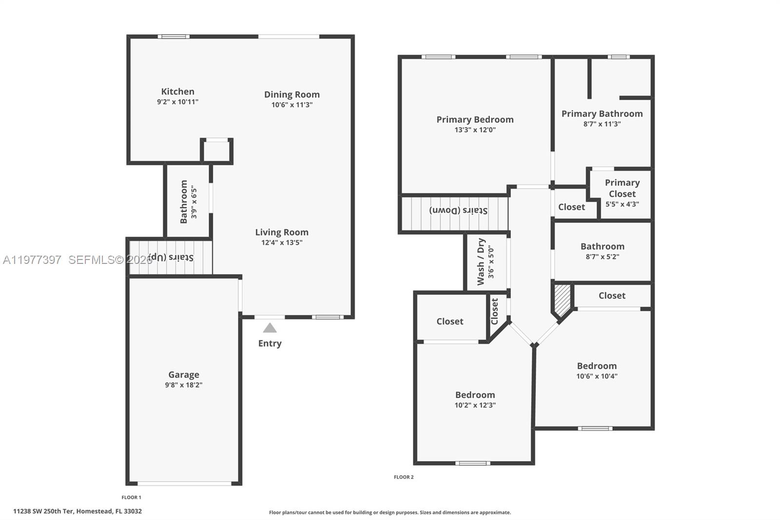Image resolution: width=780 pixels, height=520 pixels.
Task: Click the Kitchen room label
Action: point(177,92)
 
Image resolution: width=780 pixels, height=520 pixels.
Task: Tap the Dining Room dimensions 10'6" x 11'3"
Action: point(292,105)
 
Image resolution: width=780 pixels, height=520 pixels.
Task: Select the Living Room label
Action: point(282,232)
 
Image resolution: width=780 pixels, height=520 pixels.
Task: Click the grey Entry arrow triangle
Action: point(270,328)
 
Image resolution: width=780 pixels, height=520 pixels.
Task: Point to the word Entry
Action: point(270,343)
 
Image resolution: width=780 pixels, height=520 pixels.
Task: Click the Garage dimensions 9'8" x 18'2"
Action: point(183,385)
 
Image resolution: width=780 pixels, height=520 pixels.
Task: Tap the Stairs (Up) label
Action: point(171,257)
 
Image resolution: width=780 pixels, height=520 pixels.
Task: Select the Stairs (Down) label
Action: point(458,210)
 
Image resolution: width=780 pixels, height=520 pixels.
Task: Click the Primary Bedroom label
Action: point(475,120)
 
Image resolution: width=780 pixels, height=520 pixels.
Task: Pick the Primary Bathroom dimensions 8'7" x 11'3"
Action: point(602,124)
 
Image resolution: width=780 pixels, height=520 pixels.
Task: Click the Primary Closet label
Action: point(622,188)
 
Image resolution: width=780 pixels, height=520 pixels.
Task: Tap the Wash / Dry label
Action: point(481,261)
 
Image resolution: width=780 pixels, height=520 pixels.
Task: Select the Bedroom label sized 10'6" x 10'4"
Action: point(597,366)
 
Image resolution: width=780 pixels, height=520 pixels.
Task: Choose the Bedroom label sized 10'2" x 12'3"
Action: point(475,395)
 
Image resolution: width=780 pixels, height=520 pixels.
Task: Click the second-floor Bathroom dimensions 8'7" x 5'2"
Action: point(602,257)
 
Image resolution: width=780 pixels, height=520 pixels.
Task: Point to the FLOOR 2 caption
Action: point(404,477)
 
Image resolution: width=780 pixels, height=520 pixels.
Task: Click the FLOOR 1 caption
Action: point(131,498)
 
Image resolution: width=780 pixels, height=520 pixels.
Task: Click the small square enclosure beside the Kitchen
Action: point(217,151)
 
